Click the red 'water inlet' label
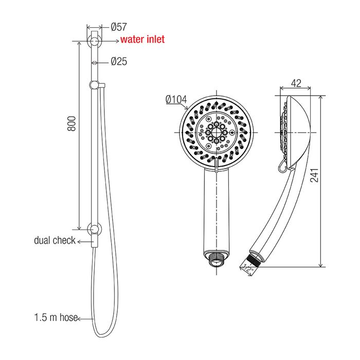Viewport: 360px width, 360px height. coord(142,39)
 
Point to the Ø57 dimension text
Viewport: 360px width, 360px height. coord(119,27)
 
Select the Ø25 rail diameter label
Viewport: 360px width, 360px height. coord(119,61)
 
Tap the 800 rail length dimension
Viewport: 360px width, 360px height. coord(71,123)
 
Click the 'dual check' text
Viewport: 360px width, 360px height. coord(55,240)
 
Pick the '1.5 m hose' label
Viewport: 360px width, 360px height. coord(56,317)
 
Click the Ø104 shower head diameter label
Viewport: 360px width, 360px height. coord(176,99)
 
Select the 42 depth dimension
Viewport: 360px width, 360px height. coord(296,83)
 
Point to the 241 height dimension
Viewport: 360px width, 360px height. coord(315,175)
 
